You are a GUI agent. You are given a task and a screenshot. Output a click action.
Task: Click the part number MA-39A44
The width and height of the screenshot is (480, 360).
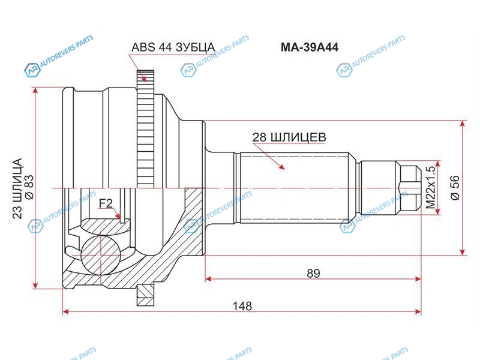[310, 47]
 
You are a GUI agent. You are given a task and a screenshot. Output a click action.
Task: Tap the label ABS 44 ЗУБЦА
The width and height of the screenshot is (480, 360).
[173, 47]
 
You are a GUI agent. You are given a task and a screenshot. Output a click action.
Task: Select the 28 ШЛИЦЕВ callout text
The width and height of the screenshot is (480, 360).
[289, 137]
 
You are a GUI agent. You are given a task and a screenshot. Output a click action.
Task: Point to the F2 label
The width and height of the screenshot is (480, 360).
[106, 203]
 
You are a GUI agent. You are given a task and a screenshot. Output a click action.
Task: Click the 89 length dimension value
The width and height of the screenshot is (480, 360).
[313, 273]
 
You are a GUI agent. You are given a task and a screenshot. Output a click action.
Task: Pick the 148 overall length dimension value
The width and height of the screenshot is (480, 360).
[242, 306]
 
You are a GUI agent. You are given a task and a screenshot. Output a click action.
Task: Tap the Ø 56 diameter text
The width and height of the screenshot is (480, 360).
[455, 188]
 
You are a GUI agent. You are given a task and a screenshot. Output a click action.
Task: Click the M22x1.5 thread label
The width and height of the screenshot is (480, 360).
[430, 188]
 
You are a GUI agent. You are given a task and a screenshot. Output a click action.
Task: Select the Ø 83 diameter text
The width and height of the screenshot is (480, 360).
[29, 187]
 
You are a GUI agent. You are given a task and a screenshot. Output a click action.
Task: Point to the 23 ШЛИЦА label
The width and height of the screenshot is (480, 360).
[18, 188]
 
